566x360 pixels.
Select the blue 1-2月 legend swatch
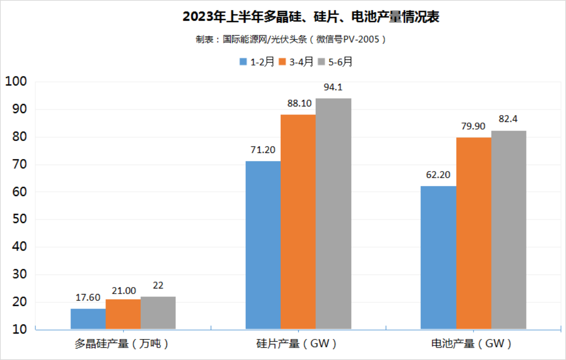click(244, 62)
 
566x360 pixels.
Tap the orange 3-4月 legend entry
click(296, 62)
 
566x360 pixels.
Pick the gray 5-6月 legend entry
click(336, 62)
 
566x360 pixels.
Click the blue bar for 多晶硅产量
click(88, 319)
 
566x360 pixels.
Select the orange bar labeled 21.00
click(123, 314)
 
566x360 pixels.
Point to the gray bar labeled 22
click(158, 313)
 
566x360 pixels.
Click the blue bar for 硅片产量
click(263, 245)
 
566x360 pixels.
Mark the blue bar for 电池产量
click(438, 257)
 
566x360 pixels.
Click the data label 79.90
click(473, 126)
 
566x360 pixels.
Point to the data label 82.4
click(508, 119)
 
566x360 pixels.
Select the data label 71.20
click(263, 149)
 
